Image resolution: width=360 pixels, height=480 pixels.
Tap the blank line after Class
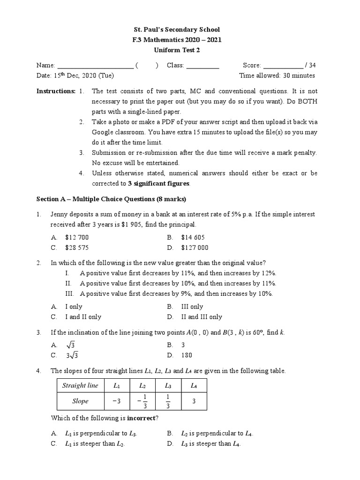pyautogui.click(x=202, y=66)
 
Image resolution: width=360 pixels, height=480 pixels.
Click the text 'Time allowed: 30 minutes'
pyautogui.click(x=277, y=75)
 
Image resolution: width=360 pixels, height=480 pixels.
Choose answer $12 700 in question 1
pyautogui.click(x=77, y=238)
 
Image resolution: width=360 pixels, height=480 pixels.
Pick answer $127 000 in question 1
pyautogui.click(x=195, y=247)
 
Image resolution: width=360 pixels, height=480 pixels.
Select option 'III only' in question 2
pyautogui.click(x=192, y=307)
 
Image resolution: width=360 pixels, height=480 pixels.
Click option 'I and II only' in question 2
pyautogui.click(x=83, y=317)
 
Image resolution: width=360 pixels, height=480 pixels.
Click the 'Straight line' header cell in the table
pyautogui.click(x=80, y=386)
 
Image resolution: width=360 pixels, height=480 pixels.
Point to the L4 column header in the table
pyautogui.click(x=194, y=386)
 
